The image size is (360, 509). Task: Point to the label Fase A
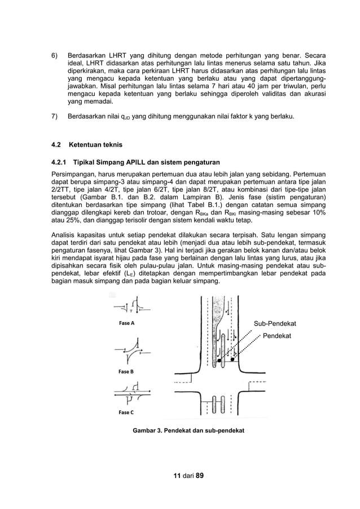tap(126, 323)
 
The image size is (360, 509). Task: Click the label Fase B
tap(126, 372)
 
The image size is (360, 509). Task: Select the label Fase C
tap(126, 413)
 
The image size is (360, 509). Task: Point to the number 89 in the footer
tap(199, 475)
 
